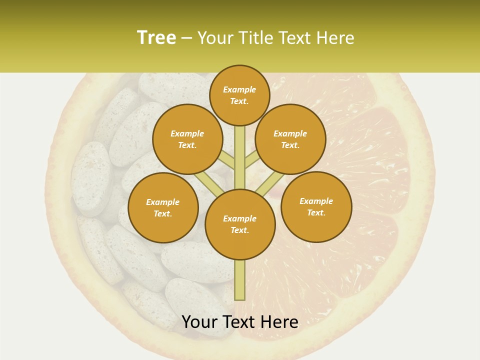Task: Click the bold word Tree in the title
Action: tap(156, 37)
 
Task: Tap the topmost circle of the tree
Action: tap(239, 95)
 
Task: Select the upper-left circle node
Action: tap(187, 139)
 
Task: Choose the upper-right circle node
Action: tap(290, 139)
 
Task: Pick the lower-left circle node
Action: tap(163, 207)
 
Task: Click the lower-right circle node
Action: tap(316, 206)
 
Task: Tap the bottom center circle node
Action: tap(240, 224)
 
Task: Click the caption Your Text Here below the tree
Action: tap(240, 322)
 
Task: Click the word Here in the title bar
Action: tap(337, 37)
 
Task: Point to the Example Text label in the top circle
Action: tap(239, 95)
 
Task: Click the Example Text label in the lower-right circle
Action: tap(316, 206)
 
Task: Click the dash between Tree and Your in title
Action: tap(187, 38)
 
